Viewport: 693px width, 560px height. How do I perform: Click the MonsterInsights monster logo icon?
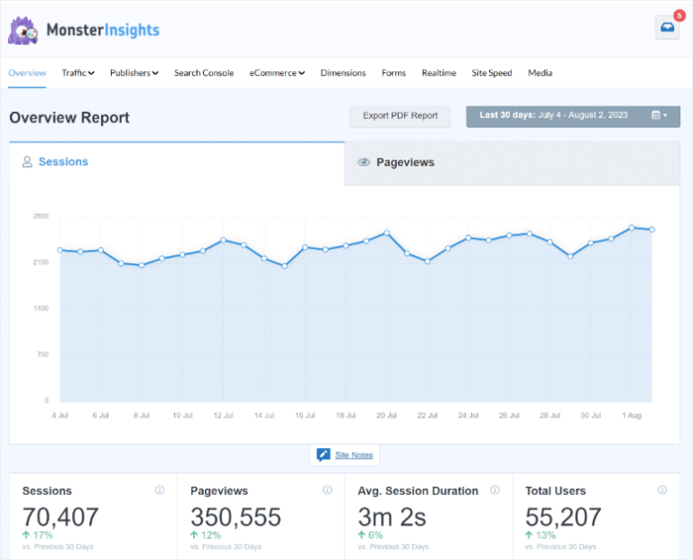(23, 31)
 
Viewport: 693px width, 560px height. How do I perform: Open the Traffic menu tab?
(78, 73)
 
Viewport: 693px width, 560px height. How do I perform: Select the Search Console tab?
(204, 73)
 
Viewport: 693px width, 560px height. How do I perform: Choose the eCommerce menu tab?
(277, 73)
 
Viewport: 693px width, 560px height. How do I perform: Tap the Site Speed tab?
(492, 73)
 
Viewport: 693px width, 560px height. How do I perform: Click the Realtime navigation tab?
(439, 73)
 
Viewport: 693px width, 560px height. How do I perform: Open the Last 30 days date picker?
(573, 115)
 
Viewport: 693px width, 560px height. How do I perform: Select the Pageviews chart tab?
(404, 162)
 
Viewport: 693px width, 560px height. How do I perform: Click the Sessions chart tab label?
(62, 162)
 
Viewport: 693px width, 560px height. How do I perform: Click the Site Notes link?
(354, 455)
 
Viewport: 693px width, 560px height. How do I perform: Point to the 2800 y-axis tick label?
(41, 216)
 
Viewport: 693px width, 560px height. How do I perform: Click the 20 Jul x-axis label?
(386, 416)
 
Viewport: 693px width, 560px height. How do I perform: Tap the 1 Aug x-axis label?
(632, 416)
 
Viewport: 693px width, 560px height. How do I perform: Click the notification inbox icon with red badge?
(667, 28)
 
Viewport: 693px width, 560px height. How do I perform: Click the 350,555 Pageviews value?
(236, 517)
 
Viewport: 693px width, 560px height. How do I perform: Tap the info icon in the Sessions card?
(160, 491)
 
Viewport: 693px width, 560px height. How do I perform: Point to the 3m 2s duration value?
(392, 517)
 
